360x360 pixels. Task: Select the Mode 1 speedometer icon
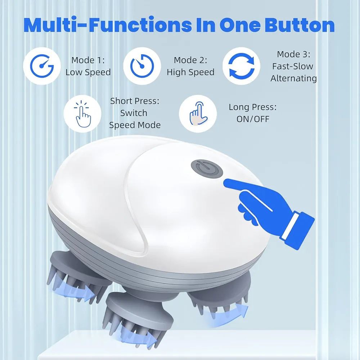[41, 66]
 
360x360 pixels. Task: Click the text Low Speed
[88, 72]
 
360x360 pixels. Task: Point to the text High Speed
[190, 72]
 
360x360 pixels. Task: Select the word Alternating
[294, 78]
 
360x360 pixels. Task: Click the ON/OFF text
[253, 119]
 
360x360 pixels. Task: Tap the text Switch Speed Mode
[134, 113]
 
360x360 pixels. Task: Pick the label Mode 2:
[190, 60]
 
